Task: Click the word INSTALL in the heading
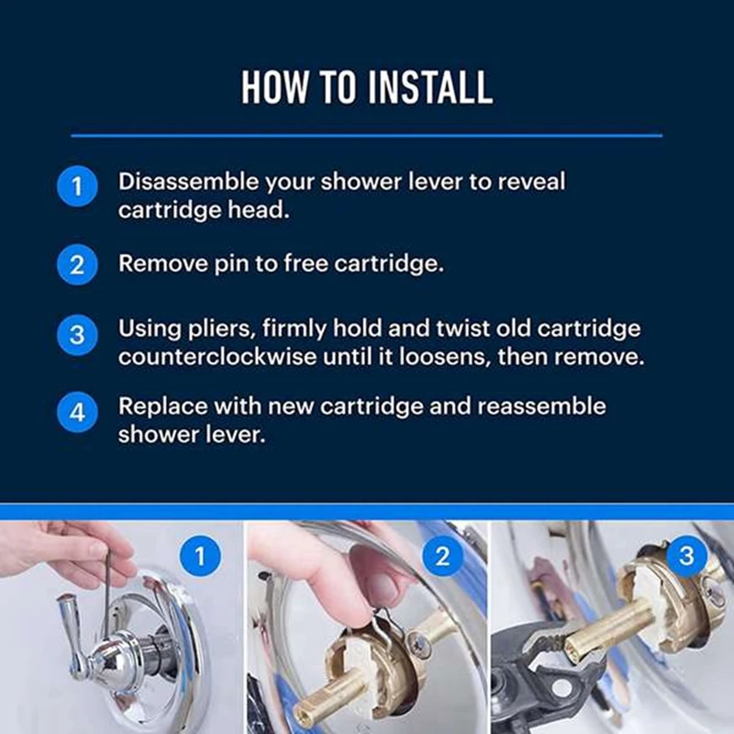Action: tap(430, 87)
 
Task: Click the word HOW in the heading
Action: tap(274, 87)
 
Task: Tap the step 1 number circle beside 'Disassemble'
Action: tap(77, 186)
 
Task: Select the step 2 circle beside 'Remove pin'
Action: tap(77, 264)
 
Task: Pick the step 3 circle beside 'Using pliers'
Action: tap(77, 335)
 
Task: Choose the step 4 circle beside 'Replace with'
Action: tap(77, 412)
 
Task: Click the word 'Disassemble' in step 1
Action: tap(188, 182)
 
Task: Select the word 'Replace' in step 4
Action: tap(163, 406)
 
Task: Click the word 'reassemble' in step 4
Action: tap(541, 406)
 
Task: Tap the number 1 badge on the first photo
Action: tap(200, 556)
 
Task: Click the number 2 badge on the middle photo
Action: tap(442, 556)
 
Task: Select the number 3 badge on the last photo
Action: tap(686, 556)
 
